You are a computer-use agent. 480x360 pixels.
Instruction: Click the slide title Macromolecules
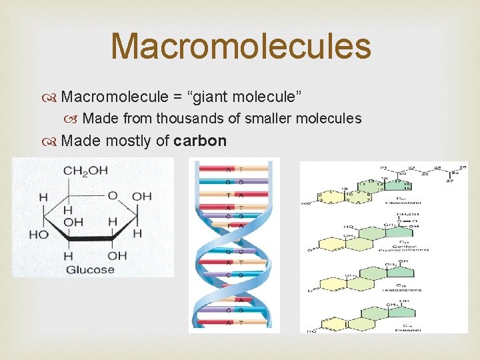coord(240,47)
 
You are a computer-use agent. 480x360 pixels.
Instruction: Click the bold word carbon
coord(200,141)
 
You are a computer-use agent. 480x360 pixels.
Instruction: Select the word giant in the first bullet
coord(212,97)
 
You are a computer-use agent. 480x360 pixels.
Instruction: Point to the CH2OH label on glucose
coord(85,171)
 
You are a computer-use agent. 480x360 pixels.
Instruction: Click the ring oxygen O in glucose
coord(113,195)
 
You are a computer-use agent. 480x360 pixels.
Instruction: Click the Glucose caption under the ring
coord(89,270)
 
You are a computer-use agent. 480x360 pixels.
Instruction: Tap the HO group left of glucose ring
coord(39,234)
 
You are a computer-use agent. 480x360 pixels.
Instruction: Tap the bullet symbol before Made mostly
coord(51,141)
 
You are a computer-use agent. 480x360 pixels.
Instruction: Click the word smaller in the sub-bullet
coord(264,119)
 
